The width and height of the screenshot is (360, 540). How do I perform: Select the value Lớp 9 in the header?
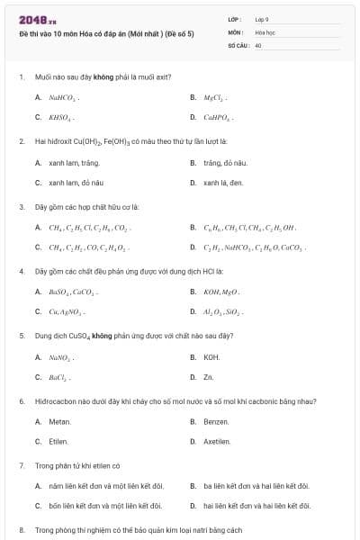(262, 19)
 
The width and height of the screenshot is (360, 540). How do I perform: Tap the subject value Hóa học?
(265, 31)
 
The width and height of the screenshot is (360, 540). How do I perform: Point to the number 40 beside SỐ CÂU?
(258, 44)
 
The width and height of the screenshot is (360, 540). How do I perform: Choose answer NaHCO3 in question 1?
(61, 97)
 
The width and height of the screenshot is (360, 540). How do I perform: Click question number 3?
(22, 206)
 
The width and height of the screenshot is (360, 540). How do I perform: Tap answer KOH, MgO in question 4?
(220, 292)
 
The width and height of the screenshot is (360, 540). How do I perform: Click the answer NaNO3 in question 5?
(60, 357)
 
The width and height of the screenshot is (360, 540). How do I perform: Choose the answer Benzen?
(216, 422)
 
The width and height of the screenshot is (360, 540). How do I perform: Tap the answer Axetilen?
(219, 442)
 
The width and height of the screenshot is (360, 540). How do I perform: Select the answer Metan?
(59, 422)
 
